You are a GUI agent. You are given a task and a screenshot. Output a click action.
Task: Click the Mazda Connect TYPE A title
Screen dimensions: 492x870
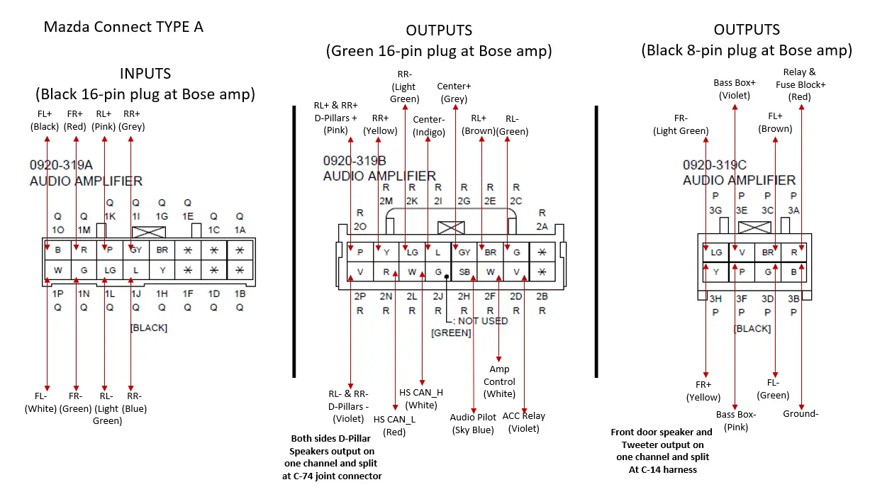(x=123, y=27)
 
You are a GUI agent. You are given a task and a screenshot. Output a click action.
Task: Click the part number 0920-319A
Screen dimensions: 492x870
(x=61, y=165)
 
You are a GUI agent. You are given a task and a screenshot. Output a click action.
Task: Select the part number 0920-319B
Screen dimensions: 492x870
(x=355, y=160)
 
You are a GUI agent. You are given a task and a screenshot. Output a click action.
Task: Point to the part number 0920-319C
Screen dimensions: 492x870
(x=714, y=164)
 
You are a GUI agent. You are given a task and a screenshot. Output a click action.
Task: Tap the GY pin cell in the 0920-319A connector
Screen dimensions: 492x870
(x=135, y=250)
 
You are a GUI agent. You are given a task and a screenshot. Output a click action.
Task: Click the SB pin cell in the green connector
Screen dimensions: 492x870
(x=464, y=271)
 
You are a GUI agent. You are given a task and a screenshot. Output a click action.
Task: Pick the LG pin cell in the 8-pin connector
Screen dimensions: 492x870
(x=716, y=252)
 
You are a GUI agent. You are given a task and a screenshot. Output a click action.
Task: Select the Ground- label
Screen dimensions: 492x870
(x=801, y=413)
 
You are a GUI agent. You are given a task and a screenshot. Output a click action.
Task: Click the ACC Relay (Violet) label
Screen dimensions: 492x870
(x=523, y=422)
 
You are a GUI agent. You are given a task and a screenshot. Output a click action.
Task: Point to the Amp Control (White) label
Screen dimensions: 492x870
(x=499, y=381)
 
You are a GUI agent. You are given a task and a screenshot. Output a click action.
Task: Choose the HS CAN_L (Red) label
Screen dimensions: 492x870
(x=394, y=425)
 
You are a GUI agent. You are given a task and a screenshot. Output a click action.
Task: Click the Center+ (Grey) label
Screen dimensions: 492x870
(x=454, y=93)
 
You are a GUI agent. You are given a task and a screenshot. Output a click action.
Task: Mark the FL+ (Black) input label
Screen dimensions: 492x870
(x=45, y=120)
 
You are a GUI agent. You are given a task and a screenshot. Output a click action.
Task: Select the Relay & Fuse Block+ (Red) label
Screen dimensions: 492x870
(x=801, y=84)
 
